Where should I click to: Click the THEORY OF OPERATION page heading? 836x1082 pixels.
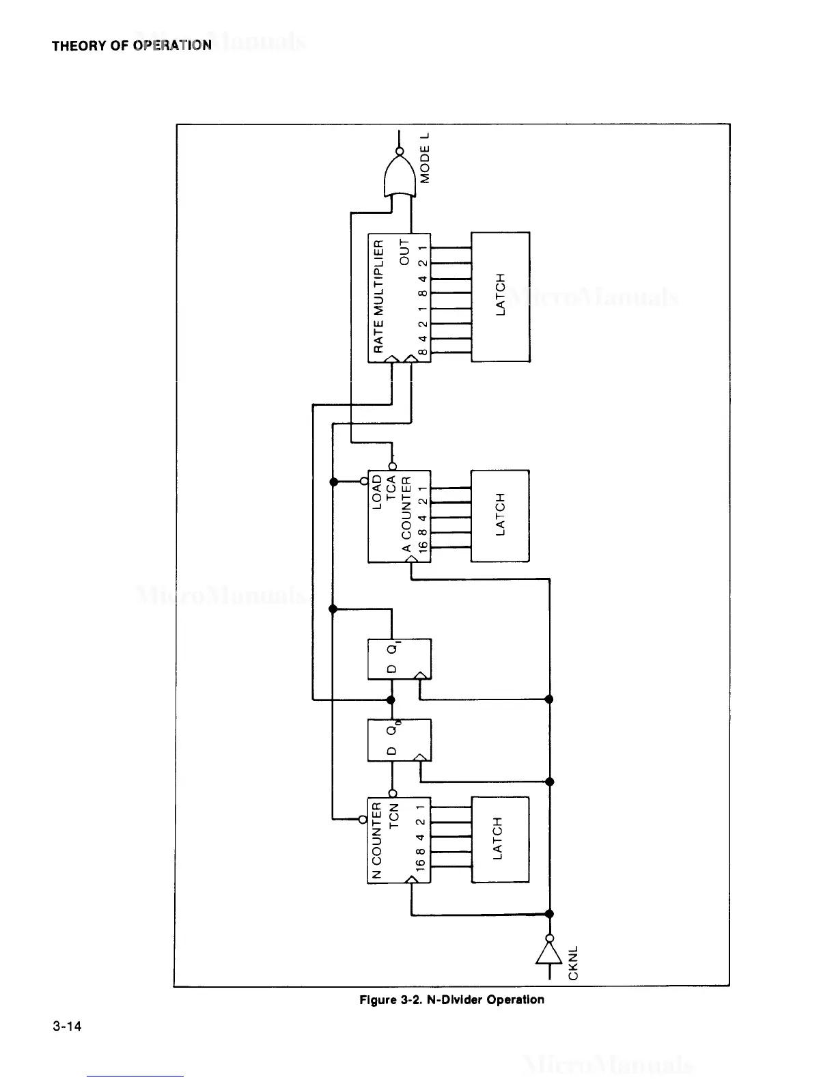[x=132, y=46]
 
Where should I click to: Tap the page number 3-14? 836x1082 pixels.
[x=66, y=1026]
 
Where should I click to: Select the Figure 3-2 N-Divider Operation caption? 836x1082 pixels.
[x=451, y=1000]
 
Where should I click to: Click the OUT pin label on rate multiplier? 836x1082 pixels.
[x=405, y=252]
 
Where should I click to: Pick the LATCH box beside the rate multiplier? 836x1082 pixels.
[x=501, y=296]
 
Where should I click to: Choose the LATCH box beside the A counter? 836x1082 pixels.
[x=501, y=516]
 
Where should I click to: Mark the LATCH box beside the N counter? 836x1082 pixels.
[x=499, y=840]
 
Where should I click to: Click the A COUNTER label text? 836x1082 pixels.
[x=406, y=525]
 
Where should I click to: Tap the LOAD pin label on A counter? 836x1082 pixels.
[x=378, y=491]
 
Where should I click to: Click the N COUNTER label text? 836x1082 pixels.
[x=378, y=841]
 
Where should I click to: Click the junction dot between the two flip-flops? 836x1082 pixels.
[x=391, y=699]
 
